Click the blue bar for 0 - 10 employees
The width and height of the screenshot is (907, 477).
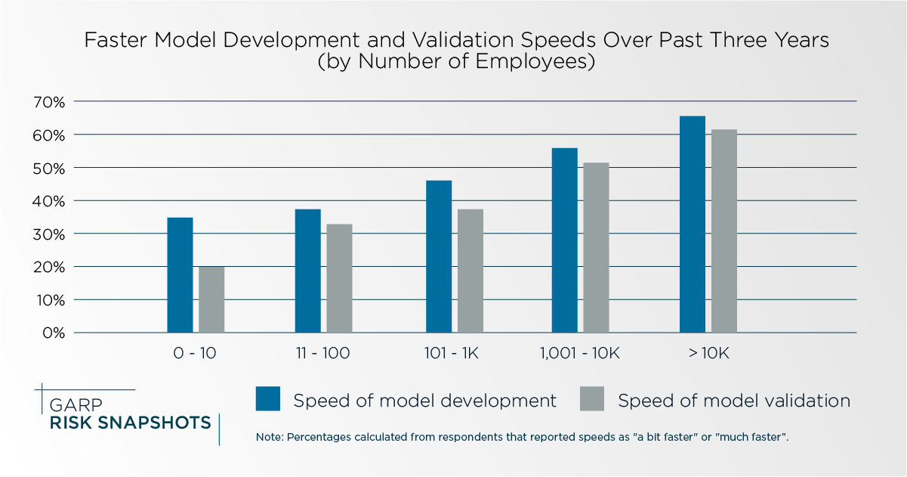(x=180, y=275)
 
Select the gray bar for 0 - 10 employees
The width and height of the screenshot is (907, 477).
(x=211, y=299)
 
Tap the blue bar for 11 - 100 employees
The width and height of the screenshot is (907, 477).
(x=307, y=271)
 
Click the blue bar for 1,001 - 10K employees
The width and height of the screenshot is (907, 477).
(x=564, y=240)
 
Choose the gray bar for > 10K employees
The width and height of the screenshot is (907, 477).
(x=723, y=231)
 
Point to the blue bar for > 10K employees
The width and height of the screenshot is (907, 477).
(x=692, y=225)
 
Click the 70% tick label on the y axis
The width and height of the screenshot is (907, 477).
(x=49, y=101)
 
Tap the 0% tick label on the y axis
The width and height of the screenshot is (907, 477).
(x=53, y=333)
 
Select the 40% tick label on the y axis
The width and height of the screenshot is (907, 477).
(x=49, y=200)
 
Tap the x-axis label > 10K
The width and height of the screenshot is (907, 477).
(x=708, y=353)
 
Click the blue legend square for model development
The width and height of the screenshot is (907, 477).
(x=268, y=399)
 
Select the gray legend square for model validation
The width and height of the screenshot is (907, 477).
(x=592, y=399)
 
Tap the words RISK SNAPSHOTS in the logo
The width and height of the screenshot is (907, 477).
(x=130, y=423)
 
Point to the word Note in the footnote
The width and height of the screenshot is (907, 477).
(x=267, y=438)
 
